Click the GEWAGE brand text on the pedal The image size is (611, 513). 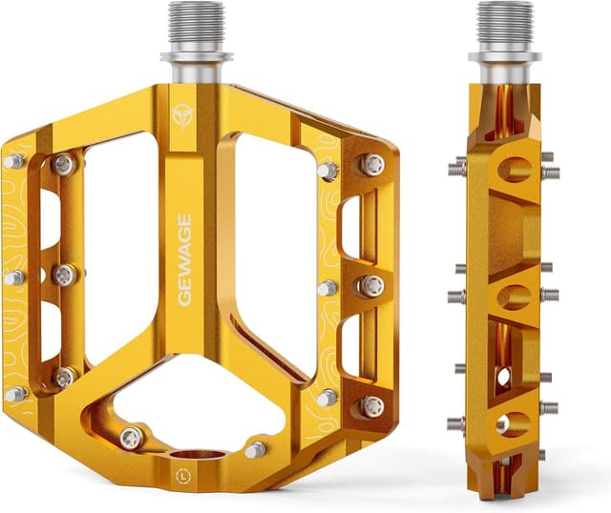coord(184,259)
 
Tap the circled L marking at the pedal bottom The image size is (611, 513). coord(183,476)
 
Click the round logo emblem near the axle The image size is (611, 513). coord(182,115)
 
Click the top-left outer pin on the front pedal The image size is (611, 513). coord(14,161)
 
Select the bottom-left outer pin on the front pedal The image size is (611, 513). coord(16,394)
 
